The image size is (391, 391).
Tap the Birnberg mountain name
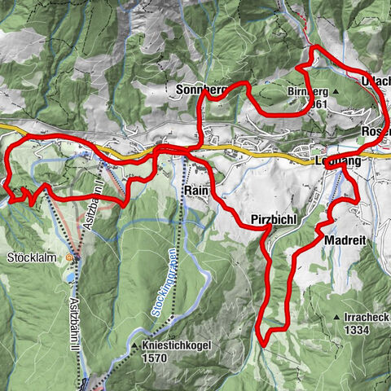306,92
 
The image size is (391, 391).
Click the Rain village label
196,189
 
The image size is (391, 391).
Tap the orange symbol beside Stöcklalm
69,258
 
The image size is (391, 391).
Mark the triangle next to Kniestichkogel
134,346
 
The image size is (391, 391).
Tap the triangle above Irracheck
334,317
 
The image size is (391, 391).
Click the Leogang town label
335,162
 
